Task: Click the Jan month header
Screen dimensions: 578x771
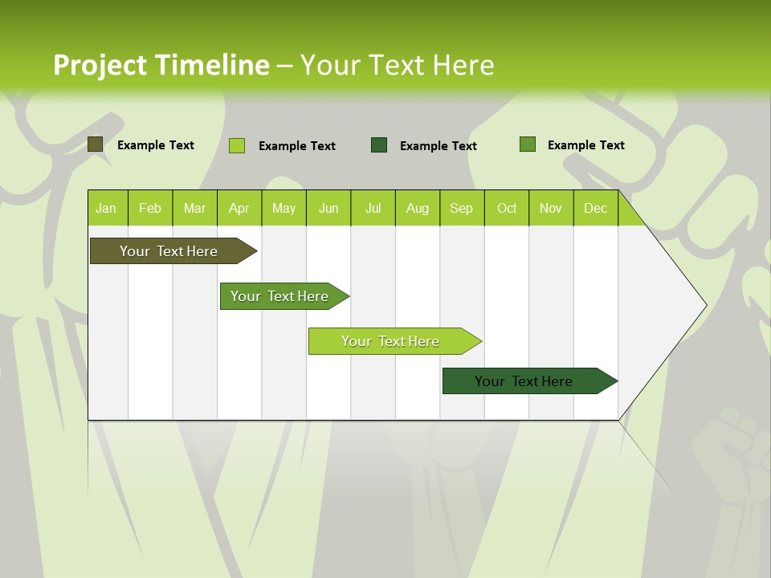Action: [x=107, y=208]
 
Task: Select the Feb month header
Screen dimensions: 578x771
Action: [x=150, y=208]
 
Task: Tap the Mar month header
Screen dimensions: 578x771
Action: [x=194, y=208]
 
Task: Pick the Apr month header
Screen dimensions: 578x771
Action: [x=239, y=208]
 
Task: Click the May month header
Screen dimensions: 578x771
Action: [x=284, y=208]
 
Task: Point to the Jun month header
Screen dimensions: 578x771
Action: [x=328, y=208]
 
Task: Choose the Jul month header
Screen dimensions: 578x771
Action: [x=373, y=208]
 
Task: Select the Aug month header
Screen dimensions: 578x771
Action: [x=418, y=208]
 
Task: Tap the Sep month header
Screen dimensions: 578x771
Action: [x=462, y=208]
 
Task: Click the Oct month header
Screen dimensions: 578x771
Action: [x=507, y=208]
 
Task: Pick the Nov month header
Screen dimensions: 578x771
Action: [x=551, y=208]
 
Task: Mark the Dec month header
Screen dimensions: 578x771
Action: [x=595, y=208]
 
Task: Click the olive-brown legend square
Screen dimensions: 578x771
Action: [x=96, y=144]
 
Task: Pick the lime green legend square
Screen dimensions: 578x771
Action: [x=237, y=145]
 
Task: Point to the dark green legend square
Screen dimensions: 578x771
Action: [x=379, y=144]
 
